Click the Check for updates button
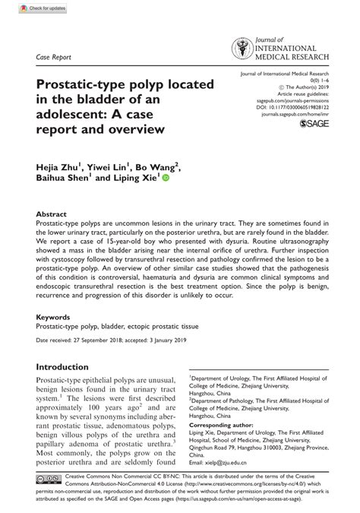(27, 8)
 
